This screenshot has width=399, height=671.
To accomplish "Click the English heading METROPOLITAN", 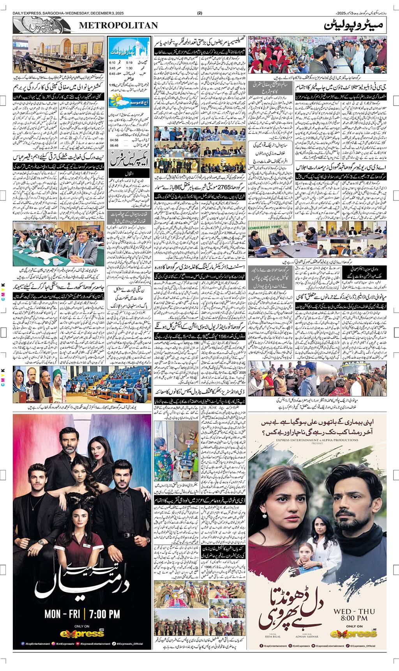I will [x=119, y=25].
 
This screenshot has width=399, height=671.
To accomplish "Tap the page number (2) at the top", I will [x=200, y=13].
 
